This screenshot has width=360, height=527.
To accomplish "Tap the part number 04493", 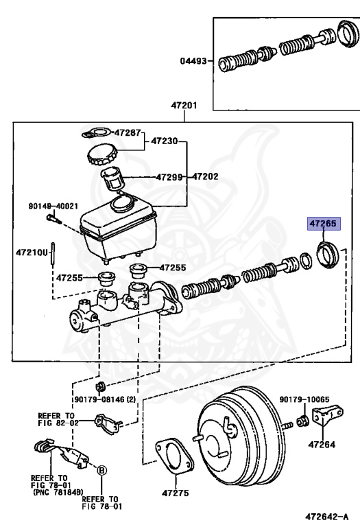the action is point(193,61).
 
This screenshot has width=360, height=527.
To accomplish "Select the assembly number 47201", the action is point(184,105).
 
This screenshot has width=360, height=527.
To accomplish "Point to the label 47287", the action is point(128,132).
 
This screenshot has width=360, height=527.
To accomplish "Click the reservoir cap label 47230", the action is point(164,141).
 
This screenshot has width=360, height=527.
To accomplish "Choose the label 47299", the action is point(169,177).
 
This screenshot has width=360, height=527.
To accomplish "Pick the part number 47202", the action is point(205,176).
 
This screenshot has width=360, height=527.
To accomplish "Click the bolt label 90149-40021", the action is point(53,206).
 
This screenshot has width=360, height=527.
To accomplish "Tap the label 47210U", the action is point(32,252).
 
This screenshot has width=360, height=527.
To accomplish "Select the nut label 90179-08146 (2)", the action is point(105,399).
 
